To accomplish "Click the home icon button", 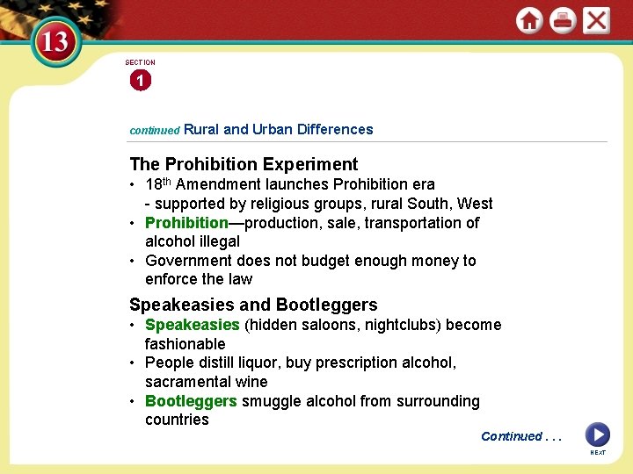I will pos(529,20).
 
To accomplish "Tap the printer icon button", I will pos(563,20).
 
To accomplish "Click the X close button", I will pos(596,20).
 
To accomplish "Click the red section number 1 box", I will pos(140,82).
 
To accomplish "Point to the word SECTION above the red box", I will pos(140,62).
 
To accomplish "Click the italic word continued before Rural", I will pos(154,130).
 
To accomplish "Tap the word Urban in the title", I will pos(273,129).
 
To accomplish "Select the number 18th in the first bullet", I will pos(159,184).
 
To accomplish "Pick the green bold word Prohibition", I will pos(186,223).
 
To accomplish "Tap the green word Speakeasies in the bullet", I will pos(192,325).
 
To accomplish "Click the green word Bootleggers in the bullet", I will pos(191,401).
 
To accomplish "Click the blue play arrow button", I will pos(597,434).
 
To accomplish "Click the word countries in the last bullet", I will pos(177,420).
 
